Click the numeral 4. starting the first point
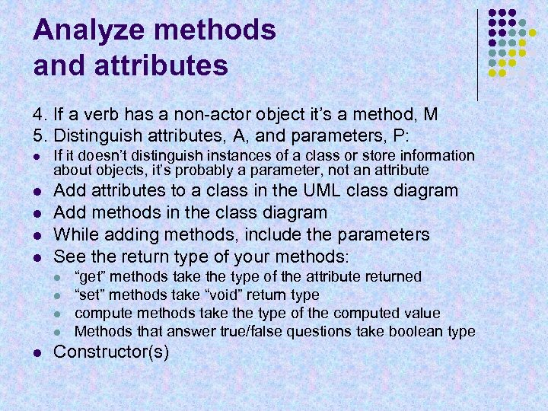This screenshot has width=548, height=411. coord(40,115)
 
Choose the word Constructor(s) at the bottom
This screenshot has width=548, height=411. coord(112,352)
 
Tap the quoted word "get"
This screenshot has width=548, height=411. coord(91,276)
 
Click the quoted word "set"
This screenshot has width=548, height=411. coord(90,295)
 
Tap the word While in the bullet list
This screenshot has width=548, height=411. coord(75,234)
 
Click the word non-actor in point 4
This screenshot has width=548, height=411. coord(205,115)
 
